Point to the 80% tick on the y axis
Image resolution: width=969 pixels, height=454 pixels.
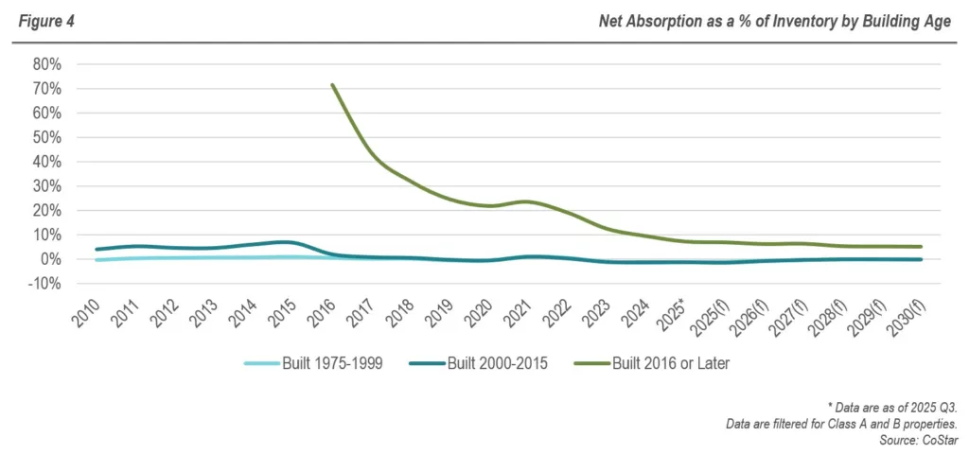(46, 64)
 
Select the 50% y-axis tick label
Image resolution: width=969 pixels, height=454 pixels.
(46, 137)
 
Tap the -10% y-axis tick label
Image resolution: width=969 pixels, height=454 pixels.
(44, 283)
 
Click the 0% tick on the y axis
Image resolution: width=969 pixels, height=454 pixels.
(50, 259)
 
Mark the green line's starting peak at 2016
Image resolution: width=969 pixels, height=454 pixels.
(332, 85)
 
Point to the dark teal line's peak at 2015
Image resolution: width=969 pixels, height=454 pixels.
(291, 242)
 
